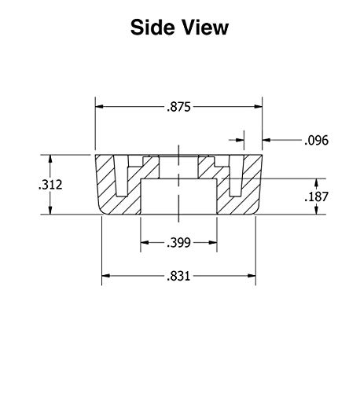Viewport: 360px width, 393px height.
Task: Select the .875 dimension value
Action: click(178, 107)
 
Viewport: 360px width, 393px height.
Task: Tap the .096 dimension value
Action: click(316, 141)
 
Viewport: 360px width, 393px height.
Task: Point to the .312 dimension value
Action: click(50, 185)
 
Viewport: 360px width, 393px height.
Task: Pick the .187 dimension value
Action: click(317, 196)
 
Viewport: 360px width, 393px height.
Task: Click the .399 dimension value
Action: click(178, 243)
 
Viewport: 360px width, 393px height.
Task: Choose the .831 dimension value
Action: click(178, 276)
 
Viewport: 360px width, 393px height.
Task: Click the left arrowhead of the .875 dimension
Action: click(99, 107)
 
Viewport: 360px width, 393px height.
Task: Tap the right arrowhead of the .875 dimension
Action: click(259, 107)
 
